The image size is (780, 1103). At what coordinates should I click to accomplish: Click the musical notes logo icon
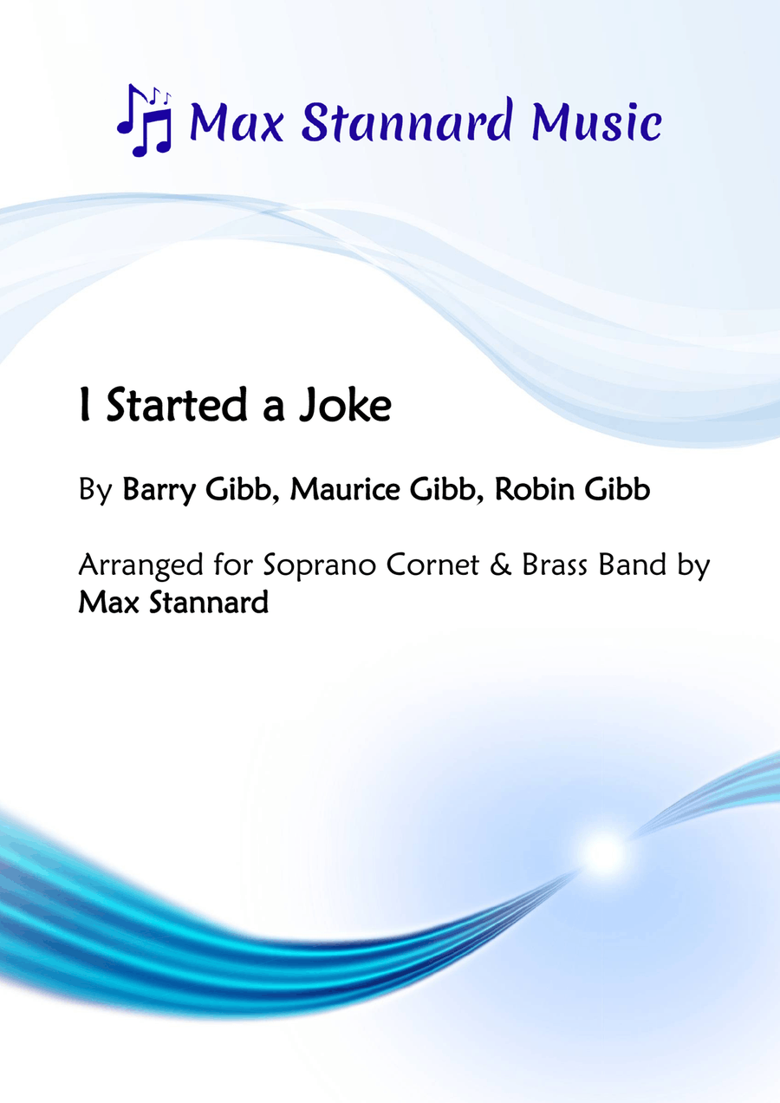[x=144, y=120]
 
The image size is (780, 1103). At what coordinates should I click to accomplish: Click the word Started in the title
[x=176, y=405]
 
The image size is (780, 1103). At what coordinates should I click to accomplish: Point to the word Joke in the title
[x=345, y=405]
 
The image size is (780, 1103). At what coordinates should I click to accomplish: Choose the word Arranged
[x=140, y=565]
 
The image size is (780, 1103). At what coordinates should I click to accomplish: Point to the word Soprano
[x=320, y=565]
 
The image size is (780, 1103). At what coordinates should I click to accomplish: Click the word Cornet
[x=432, y=565]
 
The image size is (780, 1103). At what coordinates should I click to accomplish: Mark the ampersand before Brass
[x=500, y=565]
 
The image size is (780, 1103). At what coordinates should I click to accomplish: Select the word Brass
[x=555, y=565]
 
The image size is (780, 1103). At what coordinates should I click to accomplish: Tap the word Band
[x=633, y=565]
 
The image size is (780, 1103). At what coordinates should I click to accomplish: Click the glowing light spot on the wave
[x=604, y=853]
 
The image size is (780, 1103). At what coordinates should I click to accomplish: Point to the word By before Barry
[x=95, y=491]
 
